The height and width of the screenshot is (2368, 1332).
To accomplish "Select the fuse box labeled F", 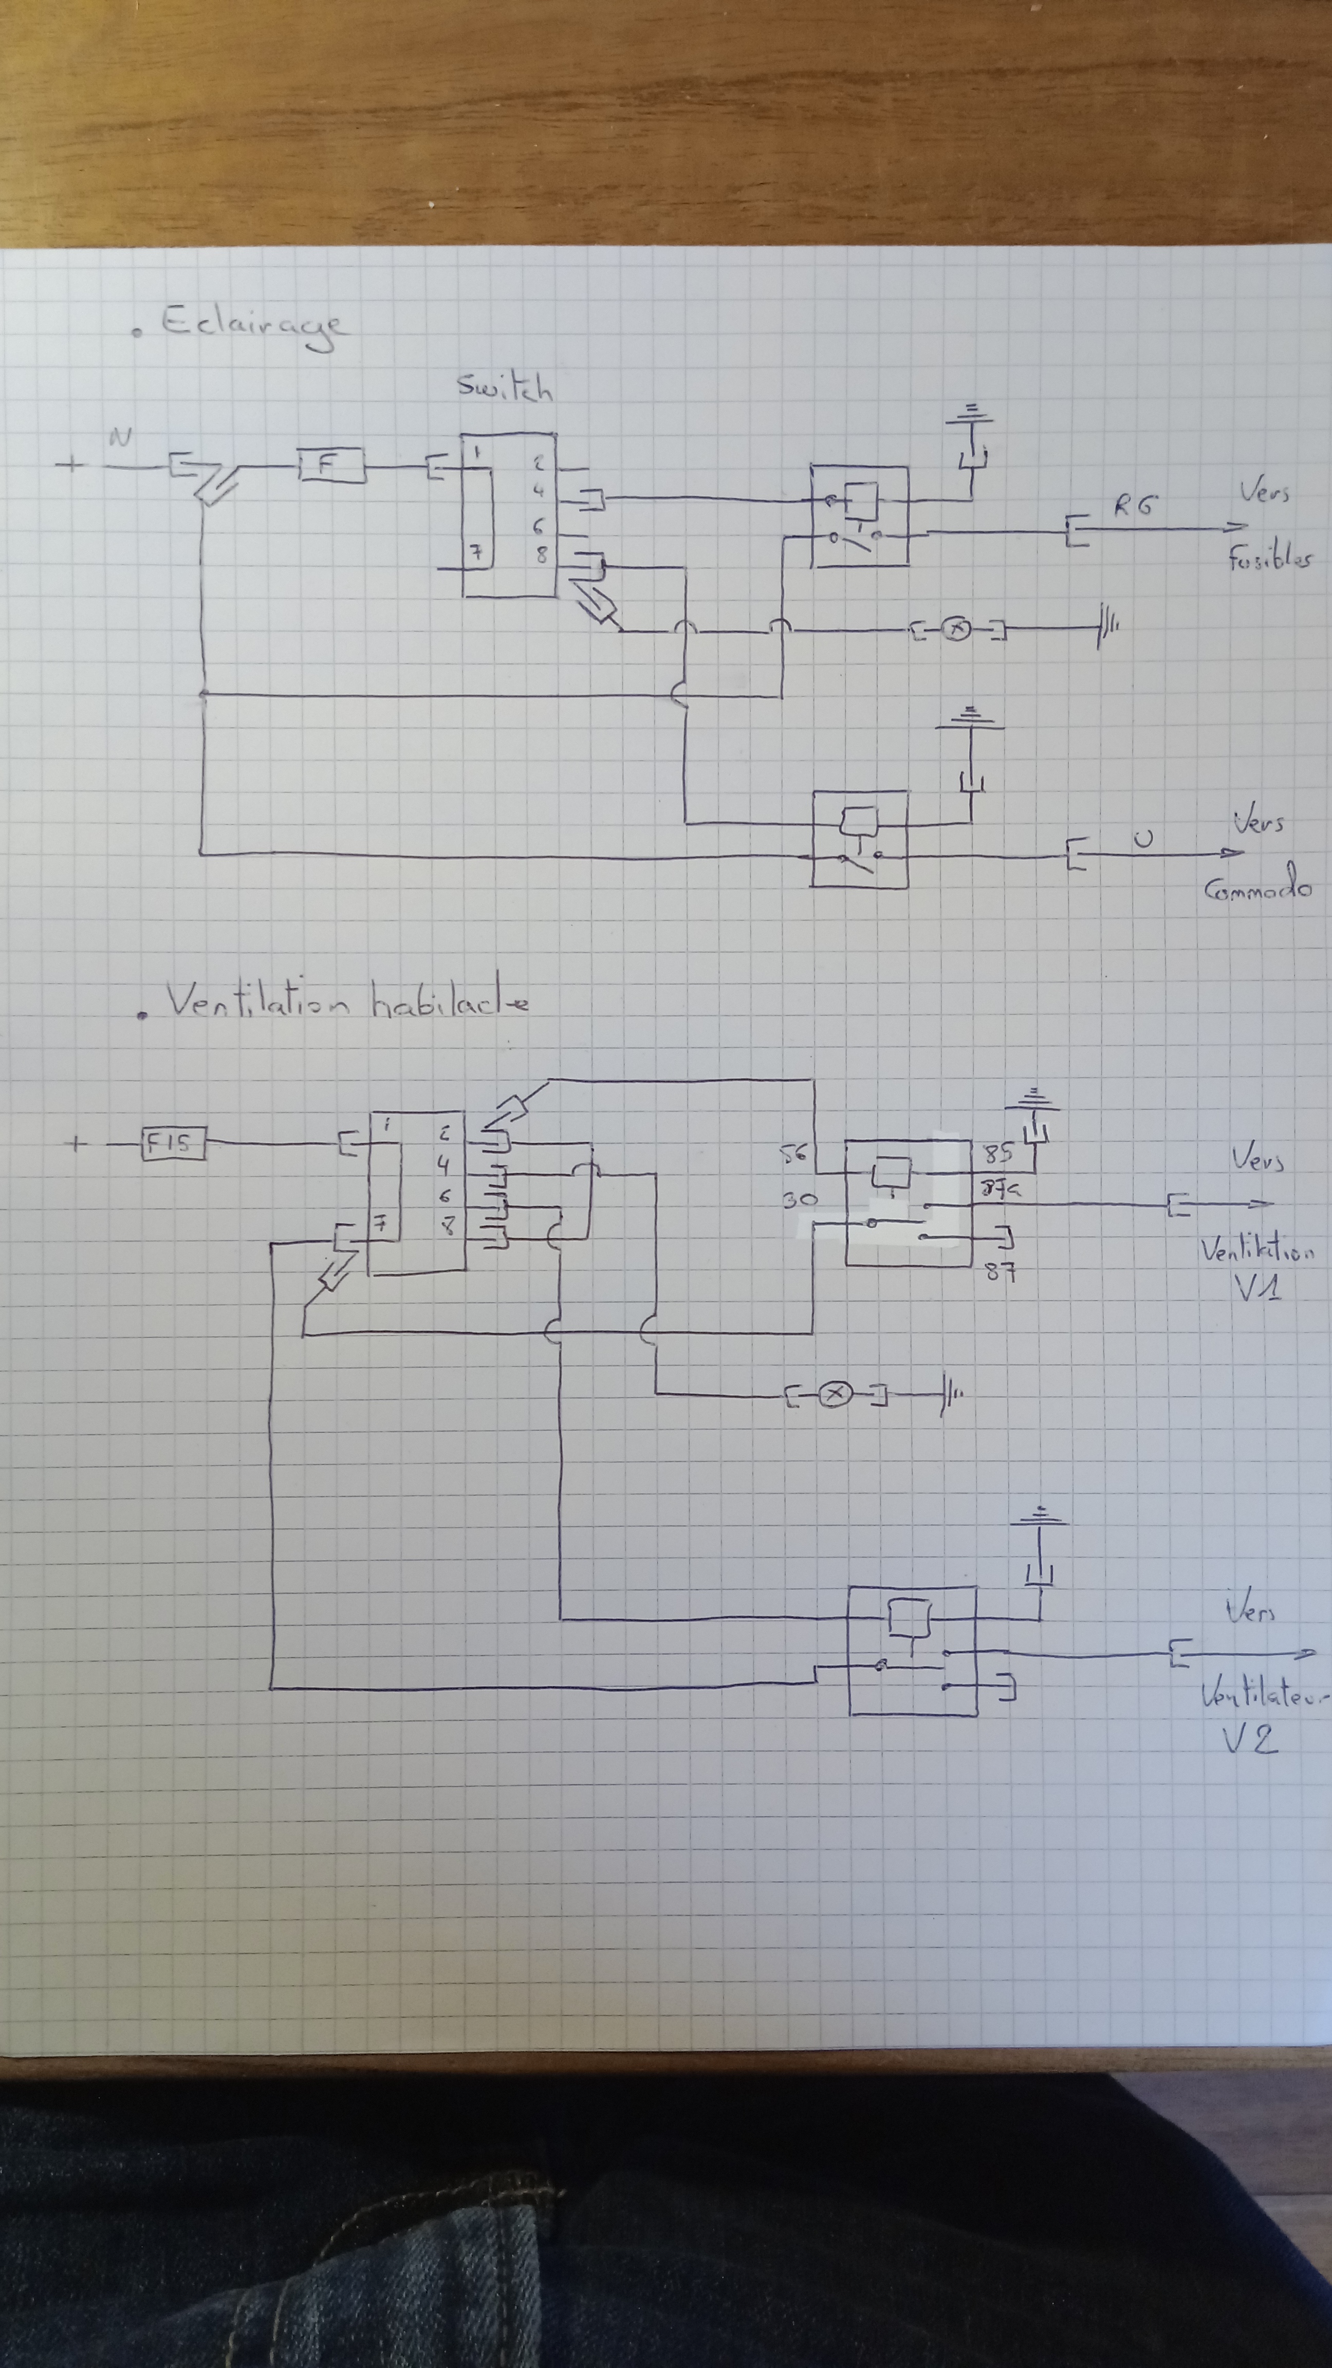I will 330,466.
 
